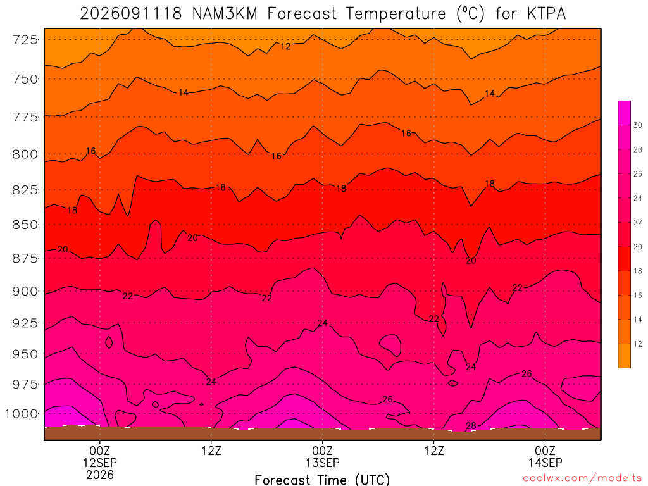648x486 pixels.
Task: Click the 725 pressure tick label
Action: coord(25,40)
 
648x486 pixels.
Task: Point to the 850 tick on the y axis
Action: coord(25,225)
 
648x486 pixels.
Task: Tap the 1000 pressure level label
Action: coord(22,414)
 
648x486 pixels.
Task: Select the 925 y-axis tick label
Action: coord(25,323)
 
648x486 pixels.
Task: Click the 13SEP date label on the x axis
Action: coord(322,463)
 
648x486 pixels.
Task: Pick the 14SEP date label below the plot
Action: coord(545,463)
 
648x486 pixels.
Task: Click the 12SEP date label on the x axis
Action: coord(100,463)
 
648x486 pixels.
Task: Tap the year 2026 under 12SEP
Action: coord(100,475)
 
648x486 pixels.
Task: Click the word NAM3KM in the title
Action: coord(225,14)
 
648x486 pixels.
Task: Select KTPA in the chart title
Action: coord(546,14)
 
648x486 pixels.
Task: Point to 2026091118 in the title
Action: coord(131,14)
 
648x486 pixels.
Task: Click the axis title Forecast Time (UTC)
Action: coord(322,480)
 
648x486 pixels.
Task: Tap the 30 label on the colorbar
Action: coord(638,125)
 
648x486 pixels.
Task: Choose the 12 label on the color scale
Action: coord(638,344)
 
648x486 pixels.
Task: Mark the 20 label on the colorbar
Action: coord(638,247)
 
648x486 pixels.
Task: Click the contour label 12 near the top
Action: coord(285,46)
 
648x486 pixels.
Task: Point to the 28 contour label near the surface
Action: coord(471,426)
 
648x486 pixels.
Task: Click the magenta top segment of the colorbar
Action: coord(624,113)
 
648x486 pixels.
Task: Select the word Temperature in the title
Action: coord(396,14)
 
